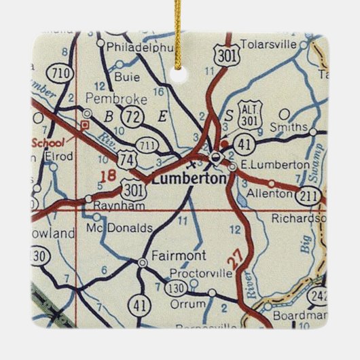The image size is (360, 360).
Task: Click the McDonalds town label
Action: pyautogui.click(x=120, y=229)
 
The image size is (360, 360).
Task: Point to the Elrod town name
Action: pyautogui.click(x=58, y=155)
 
